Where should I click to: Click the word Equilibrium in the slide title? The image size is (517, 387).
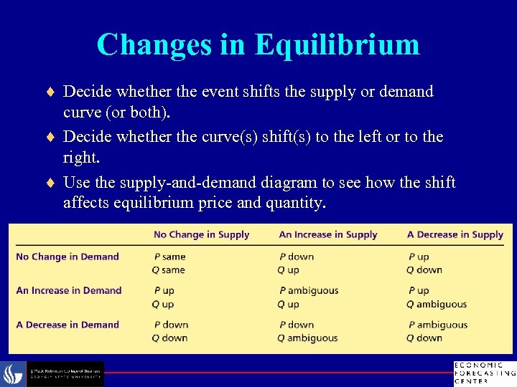(x=337, y=44)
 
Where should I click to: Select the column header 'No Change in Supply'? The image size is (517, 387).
(x=201, y=234)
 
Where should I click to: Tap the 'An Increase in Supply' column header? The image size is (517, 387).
(x=327, y=234)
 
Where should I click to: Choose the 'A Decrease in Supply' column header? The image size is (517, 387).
(x=455, y=234)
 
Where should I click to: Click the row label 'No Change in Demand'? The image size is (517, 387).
(x=67, y=257)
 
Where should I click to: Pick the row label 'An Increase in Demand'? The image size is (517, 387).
(x=69, y=290)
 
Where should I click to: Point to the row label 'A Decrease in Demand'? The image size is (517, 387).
(x=67, y=325)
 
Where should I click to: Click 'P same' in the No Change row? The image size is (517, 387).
(x=169, y=257)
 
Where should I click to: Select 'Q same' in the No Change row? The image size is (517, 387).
(x=169, y=270)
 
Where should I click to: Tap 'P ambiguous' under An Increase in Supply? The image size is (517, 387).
(x=308, y=290)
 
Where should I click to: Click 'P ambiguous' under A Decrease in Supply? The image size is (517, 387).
(x=437, y=325)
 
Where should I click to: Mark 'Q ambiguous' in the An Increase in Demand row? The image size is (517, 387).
(x=437, y=304)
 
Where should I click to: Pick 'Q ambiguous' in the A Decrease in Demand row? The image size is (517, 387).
(x=307, y=338)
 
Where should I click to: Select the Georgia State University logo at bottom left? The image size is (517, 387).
(x=54, y=374)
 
